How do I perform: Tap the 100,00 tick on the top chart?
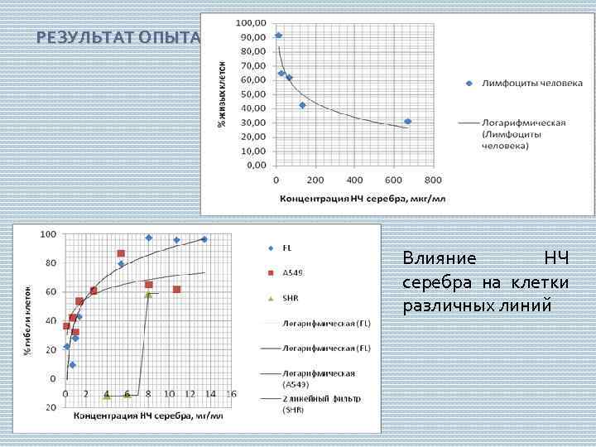pyautogui.click(x=252, y=22)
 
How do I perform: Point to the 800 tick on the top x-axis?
pyautogui.click(x=433, y=180)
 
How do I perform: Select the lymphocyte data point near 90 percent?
pyautogui.click(x=278, y=36)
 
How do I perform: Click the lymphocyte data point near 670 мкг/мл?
pyautogui.click(x=407, y=122)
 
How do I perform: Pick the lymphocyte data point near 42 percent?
pyautogui.click(x=302, y=105)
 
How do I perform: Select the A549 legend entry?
pyautogui.click(x=291, y=272)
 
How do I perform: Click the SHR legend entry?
pyautogui.click(x=290, y=297)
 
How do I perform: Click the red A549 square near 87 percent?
pyautogui.click(x=121, y=253)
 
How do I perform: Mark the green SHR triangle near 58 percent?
pyautogui.click(x=148, y=294)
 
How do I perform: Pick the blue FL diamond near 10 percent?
pyautogui.click(x=72, y=364)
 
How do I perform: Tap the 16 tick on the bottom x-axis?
pyautogui.click(x=231, y=394)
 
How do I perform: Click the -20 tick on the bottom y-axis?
pyautogui.click(x=51, y=407)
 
